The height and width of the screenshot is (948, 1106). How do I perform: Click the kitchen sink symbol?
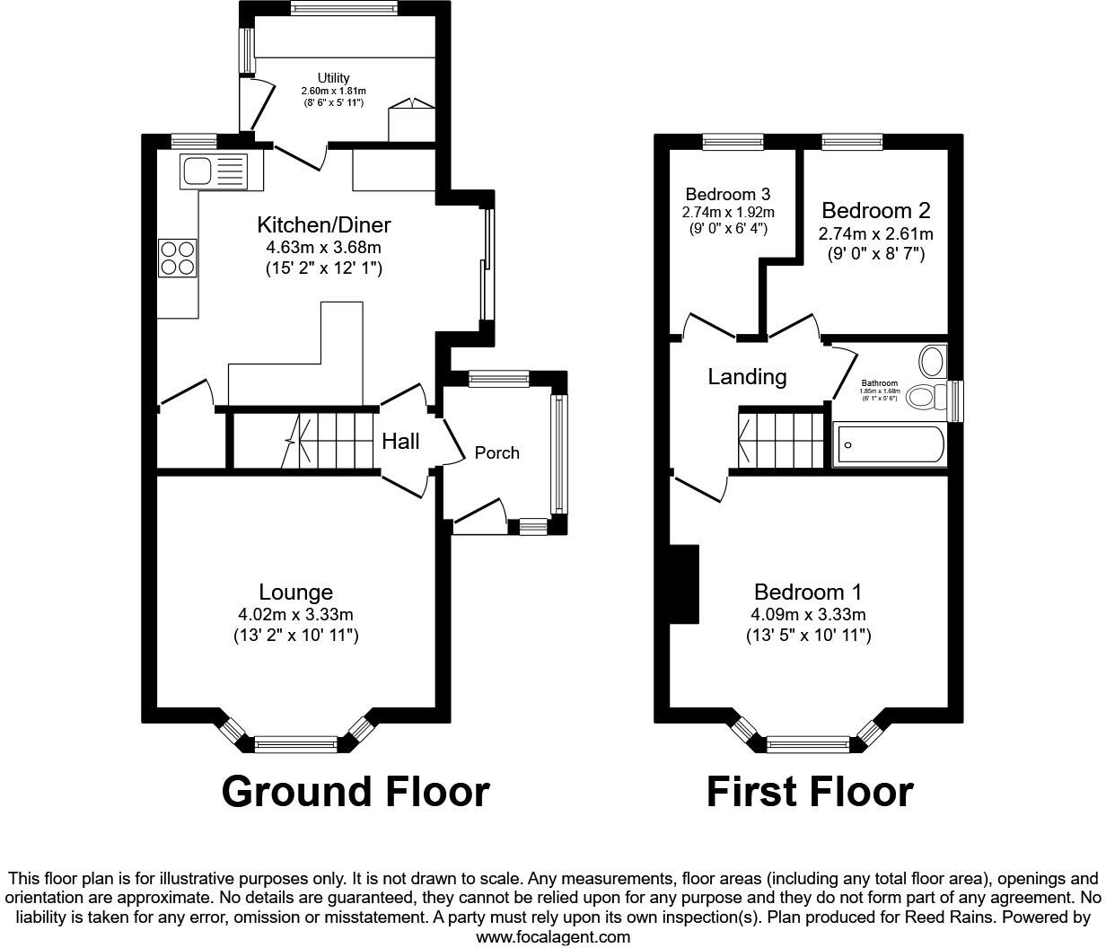coord(214,171)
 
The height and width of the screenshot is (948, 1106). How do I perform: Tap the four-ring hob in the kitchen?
coord(178,259)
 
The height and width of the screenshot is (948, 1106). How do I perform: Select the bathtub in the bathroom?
coord(890,444)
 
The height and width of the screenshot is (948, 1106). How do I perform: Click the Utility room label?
coord(333,78)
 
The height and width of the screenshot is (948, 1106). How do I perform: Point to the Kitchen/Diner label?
coord(324,224)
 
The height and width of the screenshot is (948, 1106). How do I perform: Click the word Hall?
coord(400,441)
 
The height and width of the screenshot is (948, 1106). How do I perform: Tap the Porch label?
coord(496,452)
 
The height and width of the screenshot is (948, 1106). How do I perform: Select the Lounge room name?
coord(295,592)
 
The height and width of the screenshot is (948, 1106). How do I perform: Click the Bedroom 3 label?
coord(727,194)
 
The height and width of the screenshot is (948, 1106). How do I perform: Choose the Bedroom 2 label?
coord(875,211)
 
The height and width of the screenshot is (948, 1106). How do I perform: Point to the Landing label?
coord(747,377)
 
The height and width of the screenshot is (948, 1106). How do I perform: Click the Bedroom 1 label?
coord(808,592)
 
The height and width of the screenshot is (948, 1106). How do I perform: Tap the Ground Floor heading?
coord(355,792)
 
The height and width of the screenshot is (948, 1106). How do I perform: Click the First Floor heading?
coord(810,792)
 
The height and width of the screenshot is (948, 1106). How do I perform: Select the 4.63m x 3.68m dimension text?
coord(324,247)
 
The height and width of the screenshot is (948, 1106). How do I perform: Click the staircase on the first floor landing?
coord(779,437)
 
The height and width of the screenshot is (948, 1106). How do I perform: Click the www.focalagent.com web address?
coord(552,936)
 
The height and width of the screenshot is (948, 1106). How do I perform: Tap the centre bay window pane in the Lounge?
coord(295,743)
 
